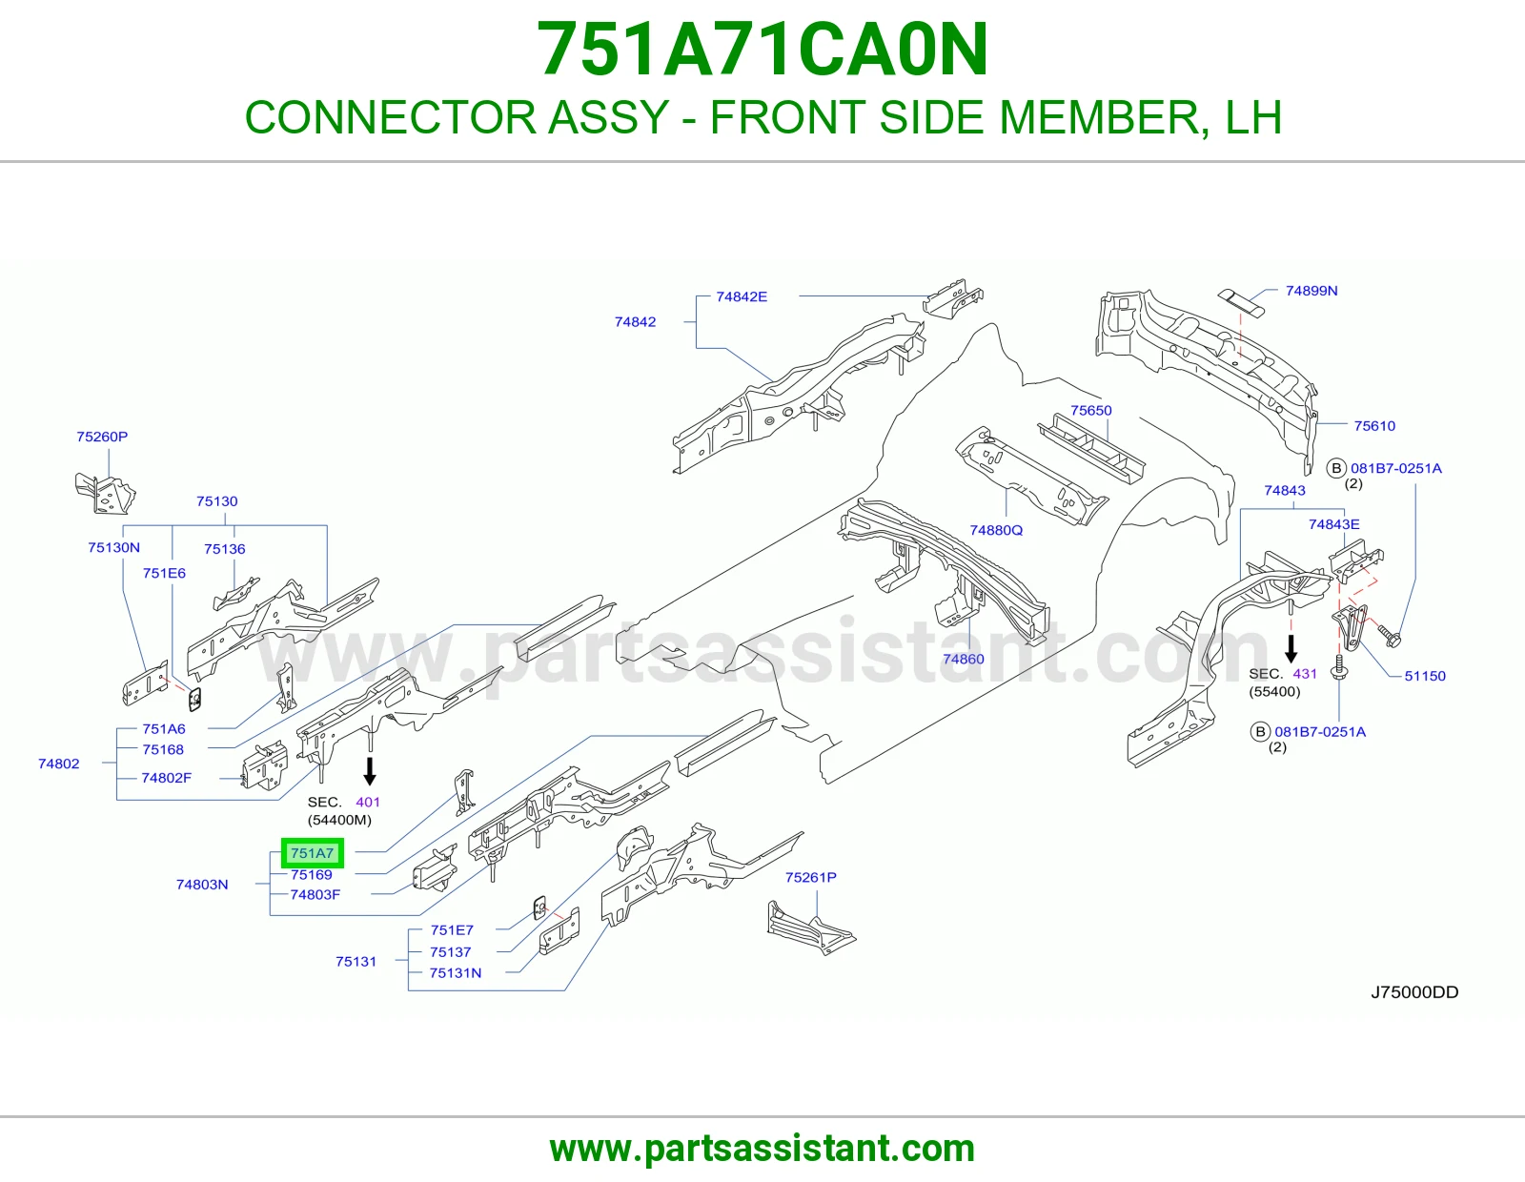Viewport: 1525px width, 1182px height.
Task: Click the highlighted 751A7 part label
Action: (313, 853)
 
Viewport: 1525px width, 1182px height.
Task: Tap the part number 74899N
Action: (1311, 291)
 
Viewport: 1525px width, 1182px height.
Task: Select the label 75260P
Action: (102, 437)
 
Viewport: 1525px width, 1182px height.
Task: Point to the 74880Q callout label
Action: (996, 530)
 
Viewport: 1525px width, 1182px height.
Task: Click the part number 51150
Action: (1425, 676)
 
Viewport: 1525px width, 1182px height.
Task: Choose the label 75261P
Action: (810, 877)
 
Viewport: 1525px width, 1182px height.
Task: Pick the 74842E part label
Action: (742, 296)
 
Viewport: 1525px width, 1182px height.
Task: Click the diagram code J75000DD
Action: (1414, 991)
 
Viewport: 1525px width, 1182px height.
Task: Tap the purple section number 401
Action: (368, 802)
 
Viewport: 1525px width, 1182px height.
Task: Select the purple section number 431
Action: (1305, 674)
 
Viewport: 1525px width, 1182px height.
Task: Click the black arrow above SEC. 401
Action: (370, 771)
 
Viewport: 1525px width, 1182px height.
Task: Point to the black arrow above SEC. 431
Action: (1291, 649)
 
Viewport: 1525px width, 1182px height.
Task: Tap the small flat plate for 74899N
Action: (1240, 302)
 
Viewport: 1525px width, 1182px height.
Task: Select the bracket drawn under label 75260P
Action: (105, 494)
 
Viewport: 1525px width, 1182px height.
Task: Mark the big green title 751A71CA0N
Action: (762, 50)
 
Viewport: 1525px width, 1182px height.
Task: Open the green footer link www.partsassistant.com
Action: (762, 1148)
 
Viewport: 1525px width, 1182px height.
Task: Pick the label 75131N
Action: (456, 973)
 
